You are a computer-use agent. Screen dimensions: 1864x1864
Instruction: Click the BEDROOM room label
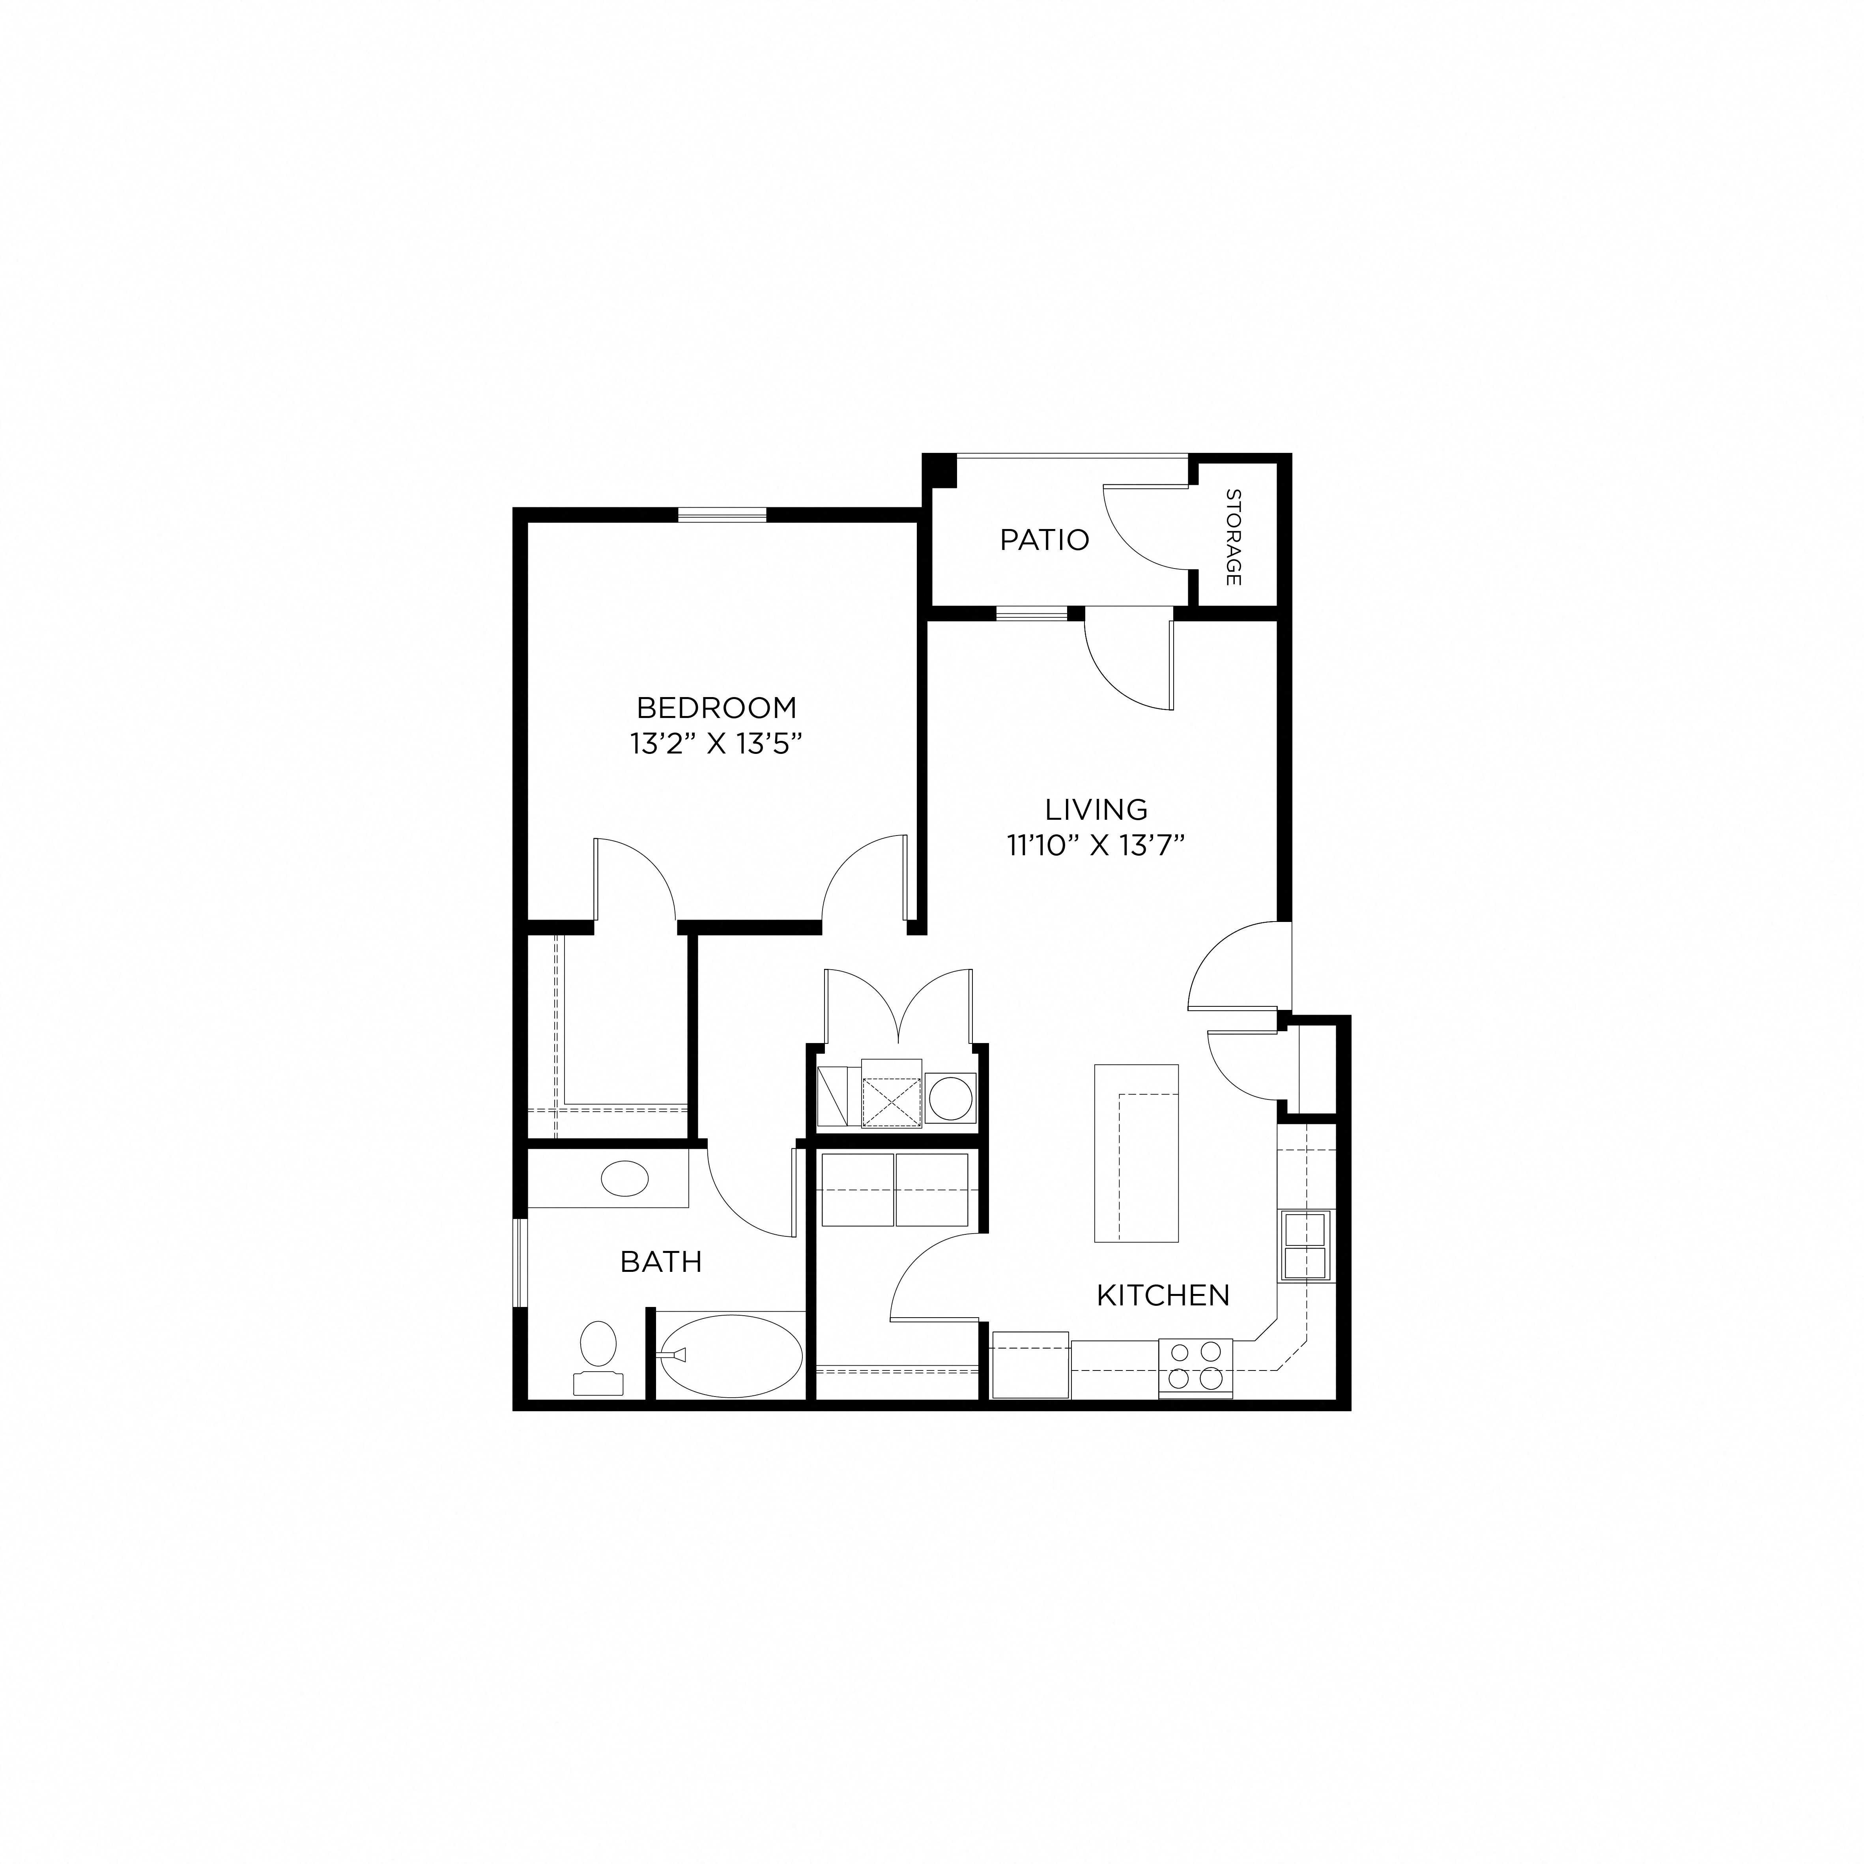pyautogui.click(x=717, y=708)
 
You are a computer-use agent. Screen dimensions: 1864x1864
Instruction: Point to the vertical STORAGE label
pyautogui.click(x=1233, y=537)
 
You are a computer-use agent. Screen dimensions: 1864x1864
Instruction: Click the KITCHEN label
pyautogui.click(x=1163, y=1296)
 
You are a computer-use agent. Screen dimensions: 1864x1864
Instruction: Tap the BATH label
pyautogui.click(x=661, y=1262)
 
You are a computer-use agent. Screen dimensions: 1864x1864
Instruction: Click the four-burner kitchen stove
pyautogui.click(x=1195, y=1367)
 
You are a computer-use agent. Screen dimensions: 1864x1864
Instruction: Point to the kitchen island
pyautogui.click(x=1137, y=1153)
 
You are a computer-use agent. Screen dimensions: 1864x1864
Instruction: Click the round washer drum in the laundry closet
pyautogui.click(x=950, y=1100)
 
